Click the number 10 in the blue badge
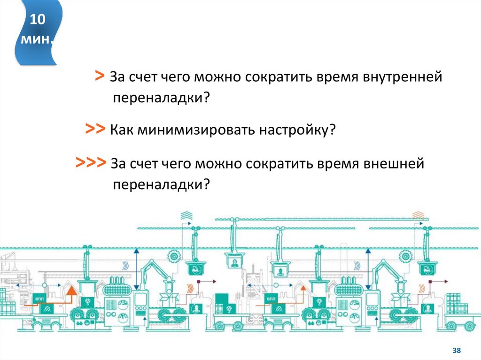[x=38, y=20]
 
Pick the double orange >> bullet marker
[x=95, y=129]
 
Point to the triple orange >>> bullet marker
[x=91, y=163]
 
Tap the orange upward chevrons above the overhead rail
[x=418, y=215]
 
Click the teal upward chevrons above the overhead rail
[x=186, y=215]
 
